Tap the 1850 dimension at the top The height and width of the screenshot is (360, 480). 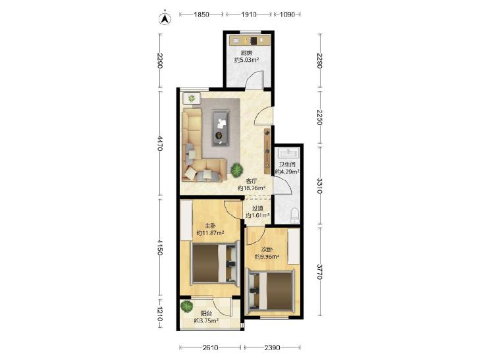point(201,14)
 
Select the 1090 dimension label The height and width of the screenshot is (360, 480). point(287,14)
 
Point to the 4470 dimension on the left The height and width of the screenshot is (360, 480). point(160,143)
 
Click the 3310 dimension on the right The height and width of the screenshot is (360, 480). point(319,186)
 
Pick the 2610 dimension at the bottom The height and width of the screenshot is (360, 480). point(210,347)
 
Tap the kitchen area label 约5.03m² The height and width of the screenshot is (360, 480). point(247,60)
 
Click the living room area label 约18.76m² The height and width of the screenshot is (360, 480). point(252,188)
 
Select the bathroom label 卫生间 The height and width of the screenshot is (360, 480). point(287,165)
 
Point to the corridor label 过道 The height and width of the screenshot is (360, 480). point(257,208)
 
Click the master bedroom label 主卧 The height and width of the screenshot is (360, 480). point(209,226)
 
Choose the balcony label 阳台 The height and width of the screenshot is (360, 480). point(206,313)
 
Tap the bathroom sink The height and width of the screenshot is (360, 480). point(288,152)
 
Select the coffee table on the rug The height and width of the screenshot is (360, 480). point(221,128)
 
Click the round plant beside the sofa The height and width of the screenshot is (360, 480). point(236,170)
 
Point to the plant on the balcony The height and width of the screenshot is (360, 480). point(186,306)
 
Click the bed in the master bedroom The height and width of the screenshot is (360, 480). point(215,263)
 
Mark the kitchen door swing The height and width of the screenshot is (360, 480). point(255,80)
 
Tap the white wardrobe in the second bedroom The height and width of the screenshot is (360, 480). point(294,246)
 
